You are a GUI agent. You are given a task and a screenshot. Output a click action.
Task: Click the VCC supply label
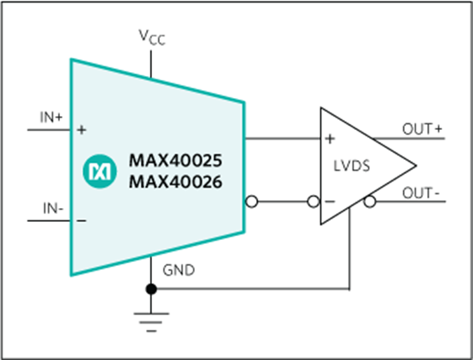click(152, 37)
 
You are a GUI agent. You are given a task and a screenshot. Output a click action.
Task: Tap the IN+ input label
click(51, 117)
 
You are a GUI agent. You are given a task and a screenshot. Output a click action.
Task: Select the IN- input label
click(53, 209)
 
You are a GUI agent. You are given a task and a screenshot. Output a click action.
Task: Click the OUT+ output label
click(422, 129)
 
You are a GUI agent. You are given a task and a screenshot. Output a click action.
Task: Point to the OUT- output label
click(421, 193)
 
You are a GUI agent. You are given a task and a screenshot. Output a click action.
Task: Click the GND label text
click(179, 270)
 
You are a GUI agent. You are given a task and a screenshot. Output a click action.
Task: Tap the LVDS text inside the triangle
click(352, 166)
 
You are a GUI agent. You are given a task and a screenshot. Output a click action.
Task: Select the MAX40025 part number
click(175, 161)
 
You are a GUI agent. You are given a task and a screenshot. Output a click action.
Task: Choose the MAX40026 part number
click(175, 182)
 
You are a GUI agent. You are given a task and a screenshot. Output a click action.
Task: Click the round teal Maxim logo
click(100, 171)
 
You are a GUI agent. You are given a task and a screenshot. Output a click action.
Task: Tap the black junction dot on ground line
click(151, 289)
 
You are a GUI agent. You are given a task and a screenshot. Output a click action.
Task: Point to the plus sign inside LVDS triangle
click(330, 139)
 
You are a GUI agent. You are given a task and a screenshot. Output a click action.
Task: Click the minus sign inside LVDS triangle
click(330, 201)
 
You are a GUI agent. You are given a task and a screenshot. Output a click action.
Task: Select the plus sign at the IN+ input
click(81, 130)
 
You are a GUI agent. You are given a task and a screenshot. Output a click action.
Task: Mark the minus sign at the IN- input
click(81, 221)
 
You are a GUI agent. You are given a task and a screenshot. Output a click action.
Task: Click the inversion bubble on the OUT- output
click(370, 202)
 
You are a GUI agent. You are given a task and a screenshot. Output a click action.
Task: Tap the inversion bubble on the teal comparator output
click(252, 201)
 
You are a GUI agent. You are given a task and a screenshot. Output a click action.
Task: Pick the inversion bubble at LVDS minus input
click(313, 201)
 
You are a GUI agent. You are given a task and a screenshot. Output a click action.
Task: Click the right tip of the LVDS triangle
click(416, 165)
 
